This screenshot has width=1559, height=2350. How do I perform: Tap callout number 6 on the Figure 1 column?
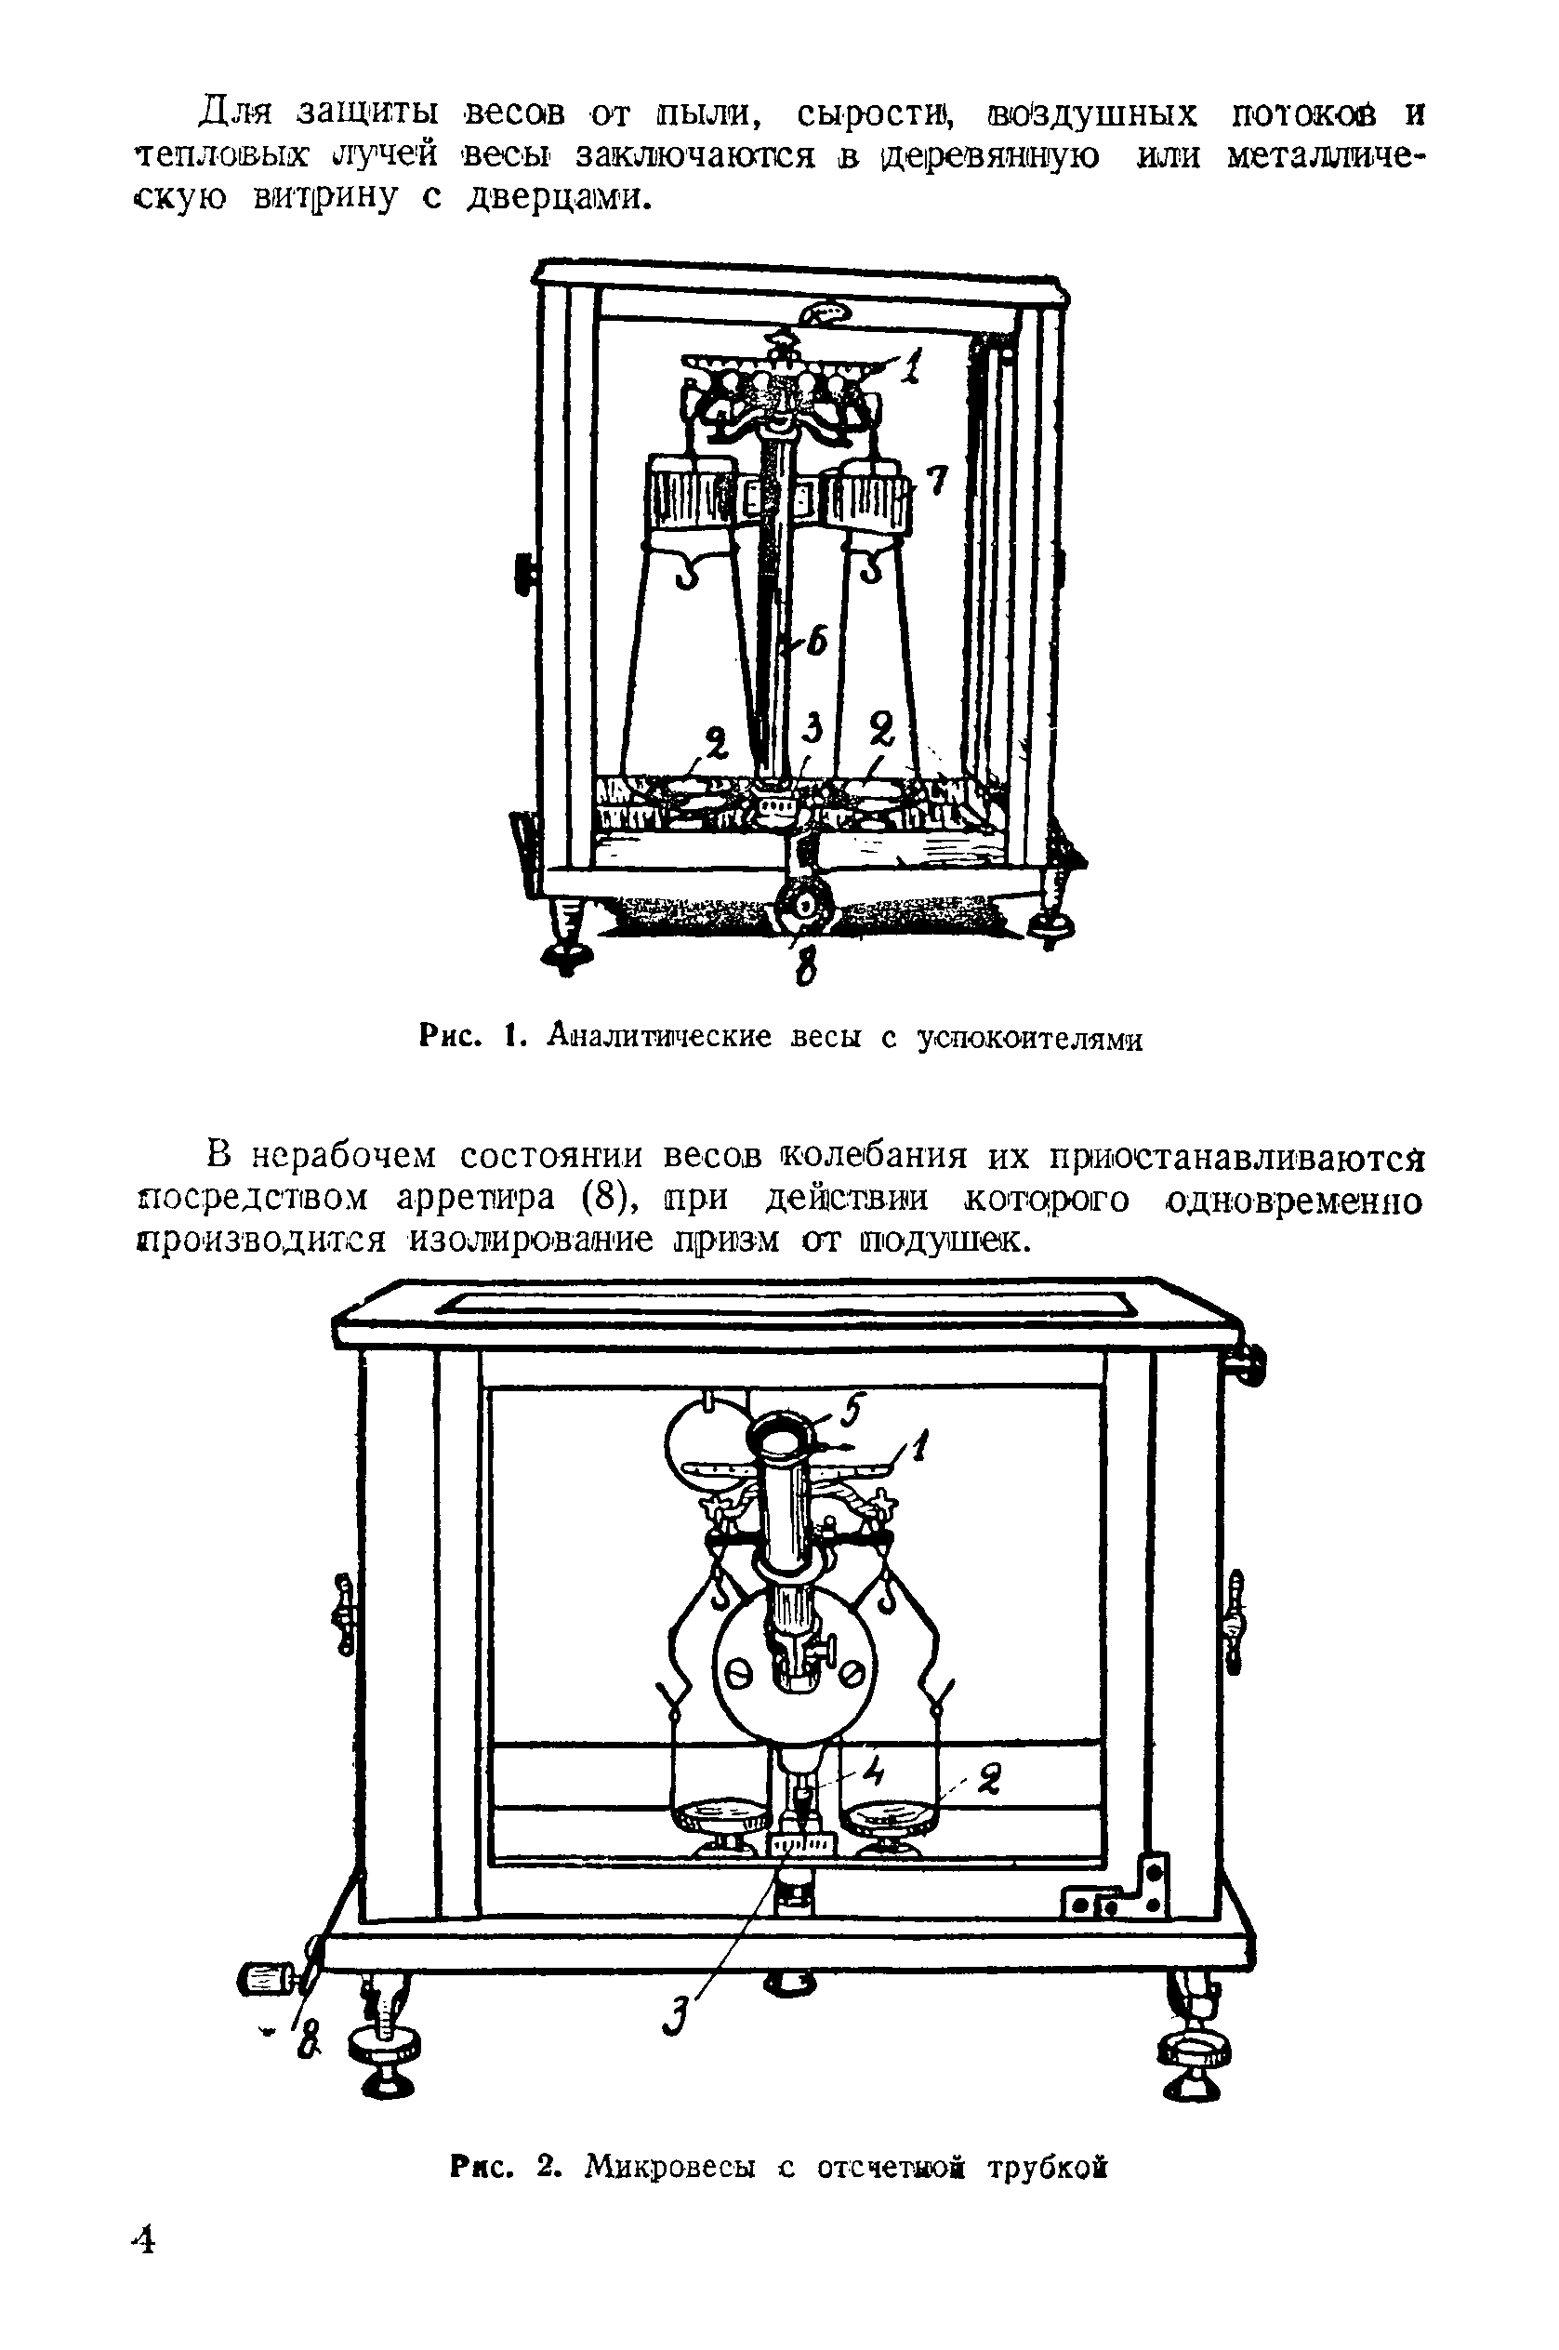tap(816, 644)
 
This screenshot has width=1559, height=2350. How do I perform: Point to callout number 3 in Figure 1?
tap(813, 731)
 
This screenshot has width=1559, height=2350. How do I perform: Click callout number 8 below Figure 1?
tap(806, 963)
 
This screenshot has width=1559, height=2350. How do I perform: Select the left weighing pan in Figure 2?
tap(720, 1818)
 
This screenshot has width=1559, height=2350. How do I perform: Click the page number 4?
tap(143, 2241)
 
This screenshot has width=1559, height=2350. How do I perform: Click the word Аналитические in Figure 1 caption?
tap(659, 1038)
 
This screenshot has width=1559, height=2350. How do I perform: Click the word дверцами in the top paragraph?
tap(560, 199)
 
